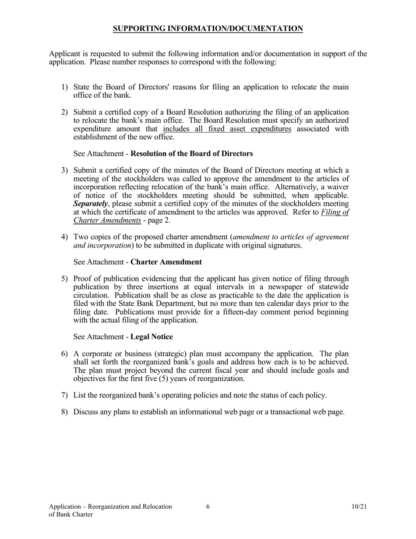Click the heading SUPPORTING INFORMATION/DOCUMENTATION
pos(208,29)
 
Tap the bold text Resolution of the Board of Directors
pos(191,154)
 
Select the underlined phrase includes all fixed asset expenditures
pos(227,129)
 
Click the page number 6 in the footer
pos(208,507)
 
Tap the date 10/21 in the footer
pos(359,507)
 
